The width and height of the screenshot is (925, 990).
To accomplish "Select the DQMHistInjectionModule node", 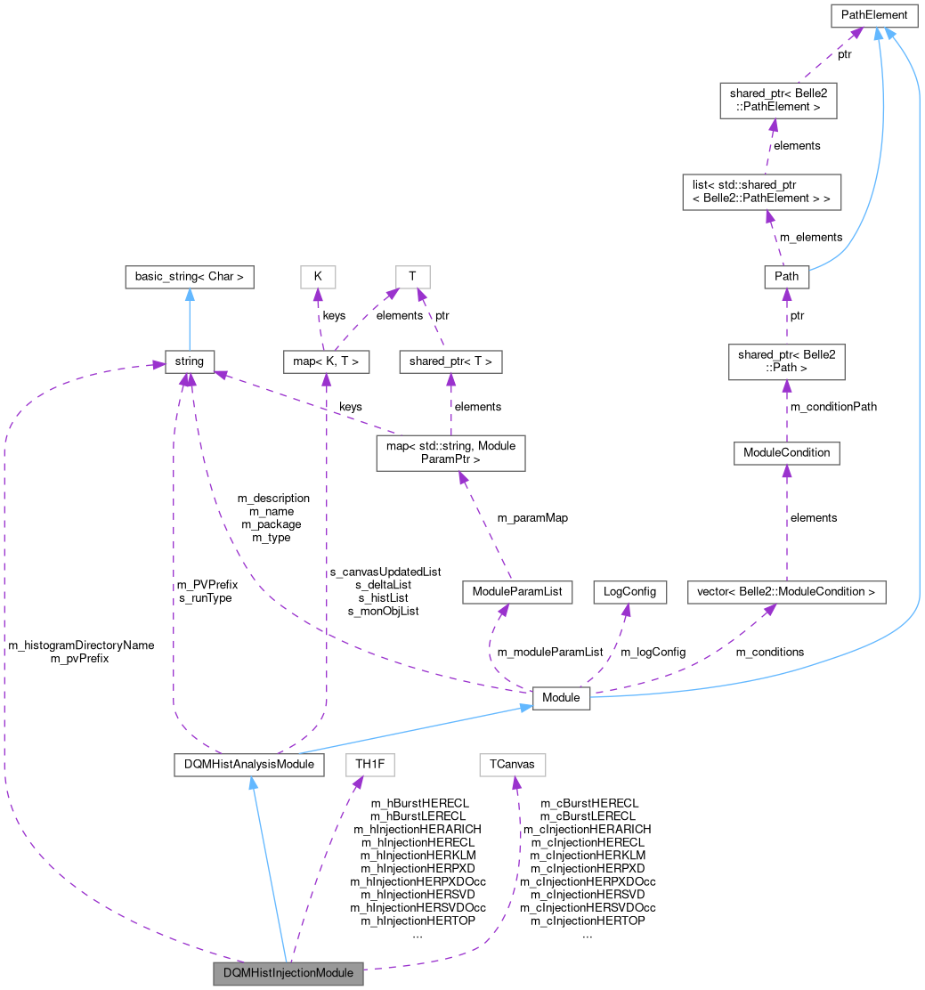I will pos(288,973).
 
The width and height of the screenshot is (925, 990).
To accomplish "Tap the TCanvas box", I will pos(512,765).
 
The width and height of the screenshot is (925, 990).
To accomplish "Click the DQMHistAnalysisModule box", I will pos(248,765).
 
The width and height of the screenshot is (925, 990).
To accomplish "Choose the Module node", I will pos(561,698).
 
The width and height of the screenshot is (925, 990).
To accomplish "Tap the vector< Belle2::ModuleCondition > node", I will pos(787,592).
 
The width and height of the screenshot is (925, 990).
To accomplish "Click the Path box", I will pos(786,277).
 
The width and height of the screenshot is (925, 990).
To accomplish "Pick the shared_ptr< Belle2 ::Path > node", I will pos(786,361).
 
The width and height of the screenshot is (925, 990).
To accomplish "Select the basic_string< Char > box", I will pos(190,277).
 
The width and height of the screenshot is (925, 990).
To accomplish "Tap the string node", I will pos(190,361).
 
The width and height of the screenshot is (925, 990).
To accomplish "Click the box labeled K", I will pos(318,277).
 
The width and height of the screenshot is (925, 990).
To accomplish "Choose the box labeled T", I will pos(412,277).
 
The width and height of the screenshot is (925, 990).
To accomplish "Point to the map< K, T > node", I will pos(326,361).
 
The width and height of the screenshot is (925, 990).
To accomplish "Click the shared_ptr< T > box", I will pos(451,361).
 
